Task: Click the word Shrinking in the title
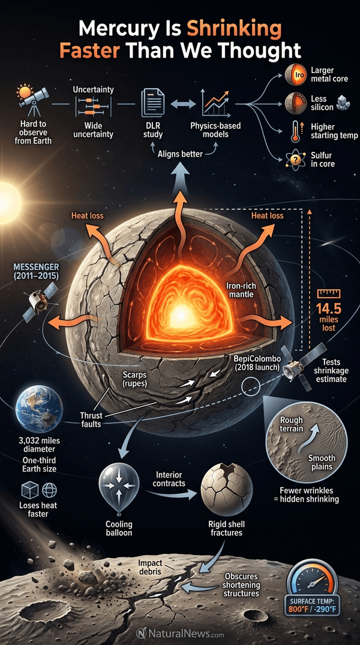click(x=235, y=29)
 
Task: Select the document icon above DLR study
click(x=152, y=103)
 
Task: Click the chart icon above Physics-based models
click(x=215, y=103)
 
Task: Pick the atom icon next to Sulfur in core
click(x=295, y=159)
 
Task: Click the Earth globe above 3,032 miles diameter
click(x=39, y=409)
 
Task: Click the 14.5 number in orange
click(x=328, y=308)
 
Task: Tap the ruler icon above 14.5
click(x=329, y=294)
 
